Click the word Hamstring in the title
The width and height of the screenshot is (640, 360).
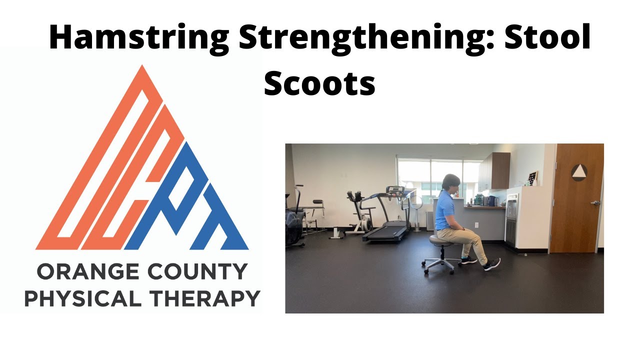[x=139, y=38]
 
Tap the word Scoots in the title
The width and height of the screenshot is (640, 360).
[x=319, y=83]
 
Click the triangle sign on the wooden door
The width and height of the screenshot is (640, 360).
[x=579, y=172]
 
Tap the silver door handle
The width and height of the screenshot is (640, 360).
[x=595, y=203]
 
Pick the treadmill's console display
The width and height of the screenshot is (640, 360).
[x=395, y=190]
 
